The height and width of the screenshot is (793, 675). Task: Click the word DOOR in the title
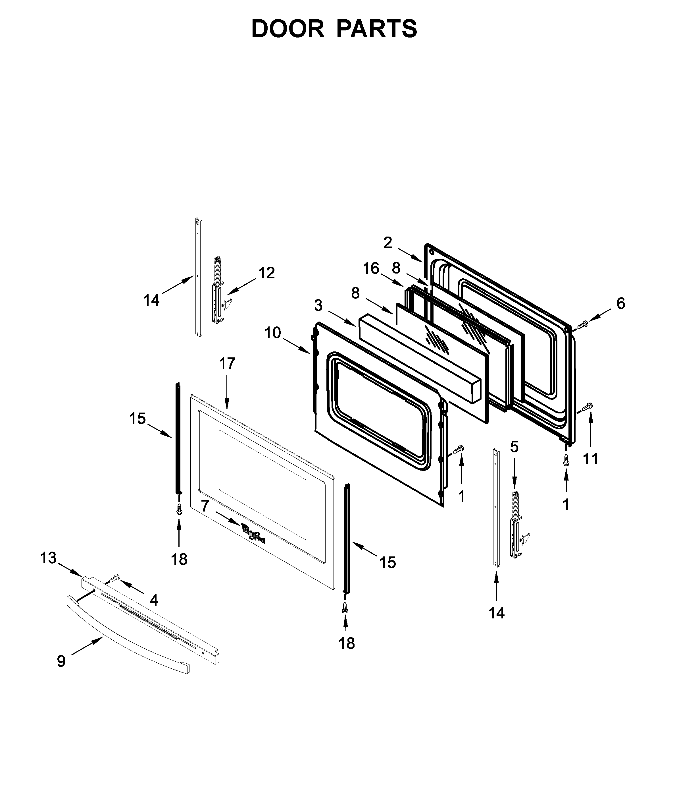click(x=287, y=29)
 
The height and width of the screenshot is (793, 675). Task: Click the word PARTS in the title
click(x=377, y=29)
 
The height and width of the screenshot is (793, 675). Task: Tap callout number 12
click(x=266, y=273)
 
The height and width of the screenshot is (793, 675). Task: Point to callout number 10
click(x=273, y=333)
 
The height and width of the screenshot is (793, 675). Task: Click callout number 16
click(x=371, y=269)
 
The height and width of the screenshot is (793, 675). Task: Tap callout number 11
click(x=590, y=458)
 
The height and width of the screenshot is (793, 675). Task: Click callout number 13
click(x=48, y=558)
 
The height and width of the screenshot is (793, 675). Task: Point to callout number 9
click(x=61, y=661)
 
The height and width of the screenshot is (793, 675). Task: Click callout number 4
click(x=154, y=600)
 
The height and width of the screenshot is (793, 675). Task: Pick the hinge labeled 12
click(x=218, y=295)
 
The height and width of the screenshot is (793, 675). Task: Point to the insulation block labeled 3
click(x=419, y=357)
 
